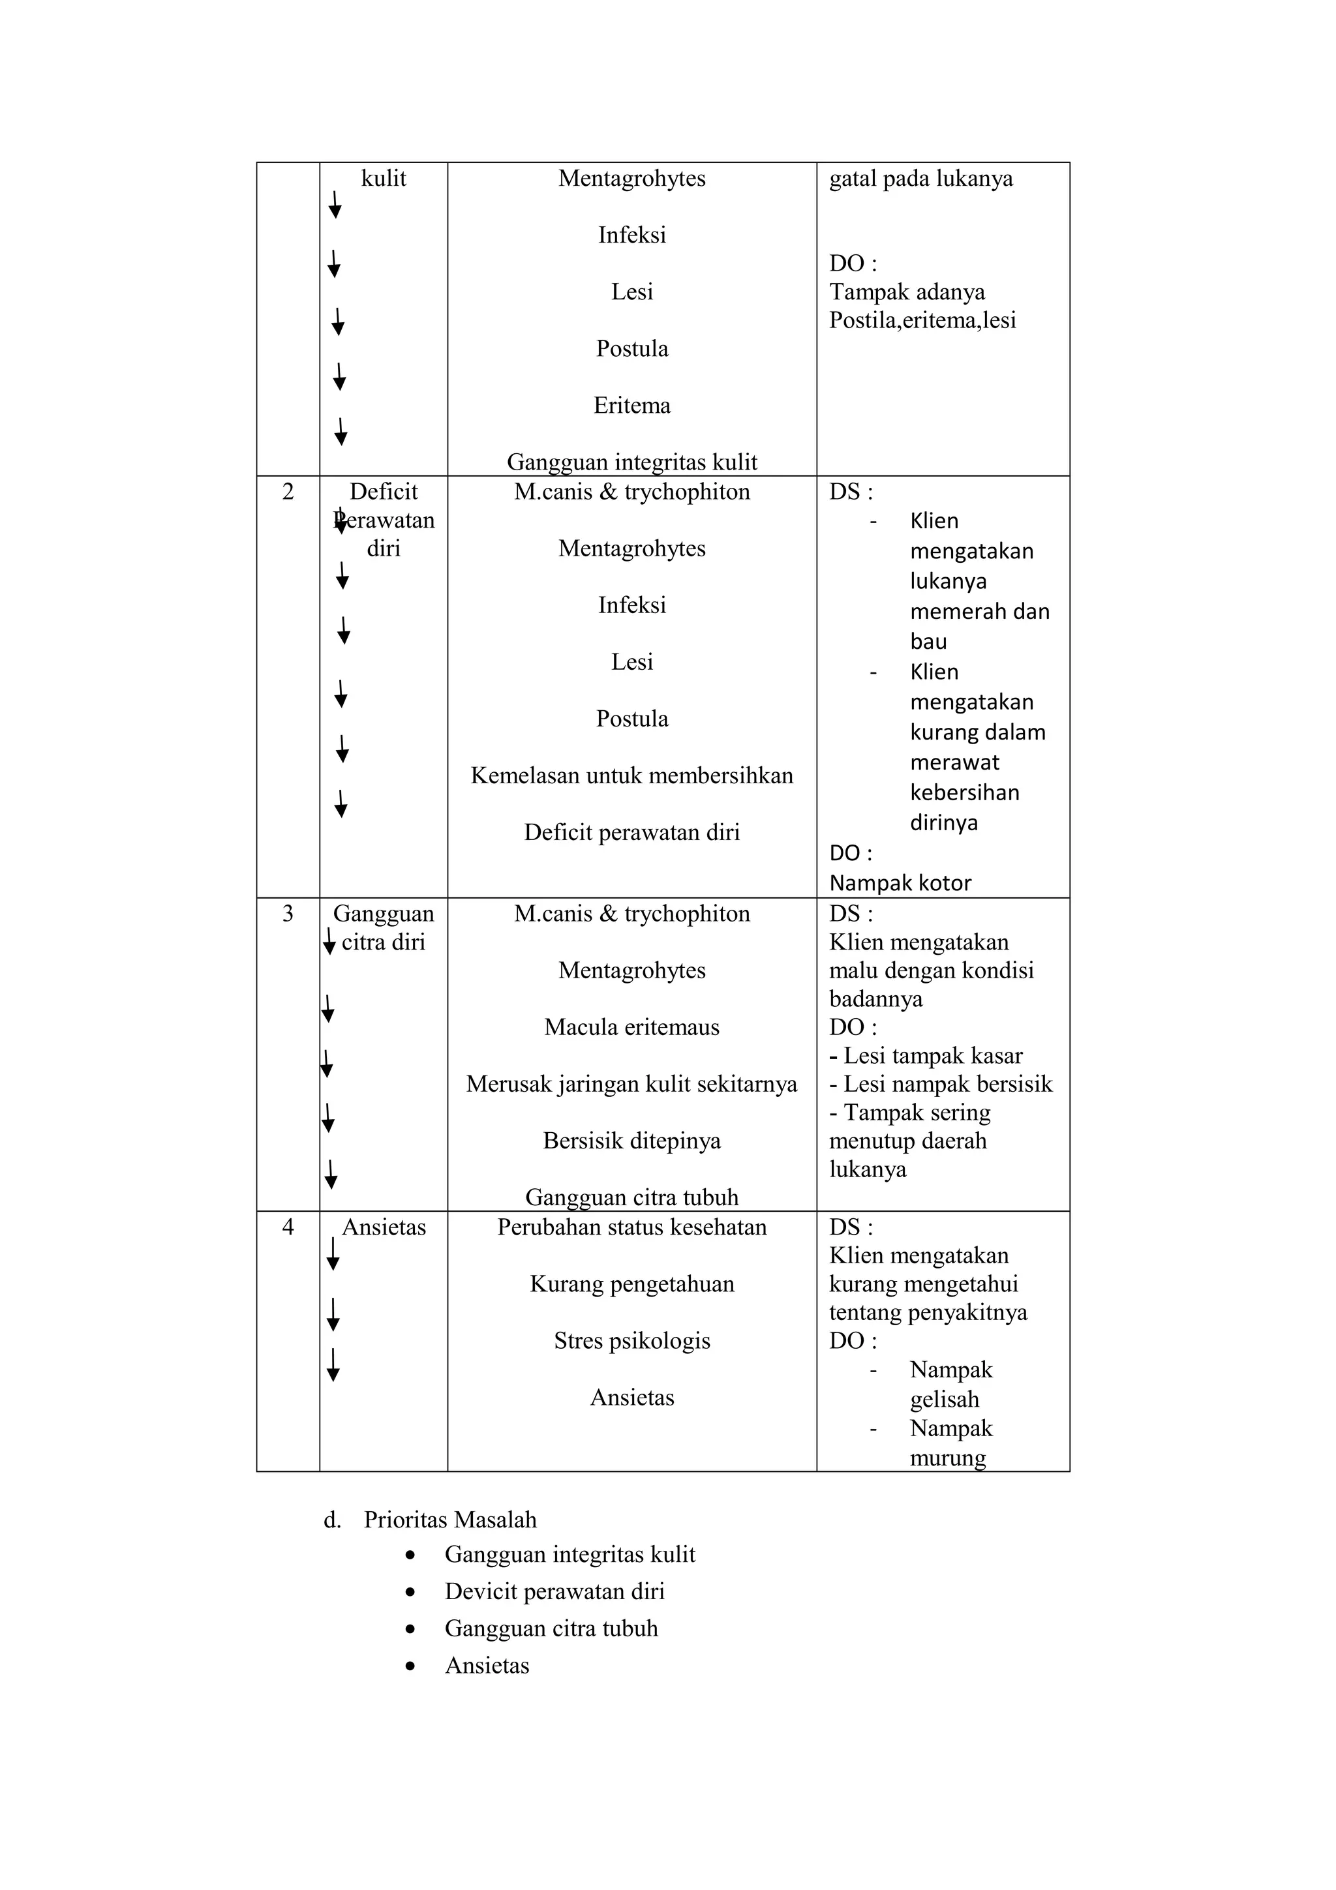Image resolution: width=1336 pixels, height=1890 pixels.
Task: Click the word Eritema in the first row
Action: (631, 406)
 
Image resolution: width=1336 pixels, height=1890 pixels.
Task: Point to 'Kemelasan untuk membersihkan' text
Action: (631, 775)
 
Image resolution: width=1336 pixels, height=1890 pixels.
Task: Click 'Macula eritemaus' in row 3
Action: (631, 1027)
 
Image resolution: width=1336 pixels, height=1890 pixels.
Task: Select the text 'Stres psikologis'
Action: (631, 1341)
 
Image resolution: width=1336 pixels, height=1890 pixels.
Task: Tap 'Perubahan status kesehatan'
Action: (631, 1227)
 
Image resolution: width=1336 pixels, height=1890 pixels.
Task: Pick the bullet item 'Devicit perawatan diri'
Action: (554, 1591)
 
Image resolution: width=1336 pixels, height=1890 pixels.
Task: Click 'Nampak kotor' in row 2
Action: (900, 883)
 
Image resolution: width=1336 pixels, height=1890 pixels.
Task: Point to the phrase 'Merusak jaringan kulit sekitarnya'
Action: (631, 1084)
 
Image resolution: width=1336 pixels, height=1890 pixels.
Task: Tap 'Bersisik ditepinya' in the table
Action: (631, 1141)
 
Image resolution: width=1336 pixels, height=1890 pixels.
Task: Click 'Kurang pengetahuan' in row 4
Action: (631, 1284)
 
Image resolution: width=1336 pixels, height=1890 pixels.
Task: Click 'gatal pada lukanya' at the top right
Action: (920, 179)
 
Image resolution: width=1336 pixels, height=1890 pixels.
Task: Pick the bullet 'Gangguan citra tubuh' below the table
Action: (551, 1628)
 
